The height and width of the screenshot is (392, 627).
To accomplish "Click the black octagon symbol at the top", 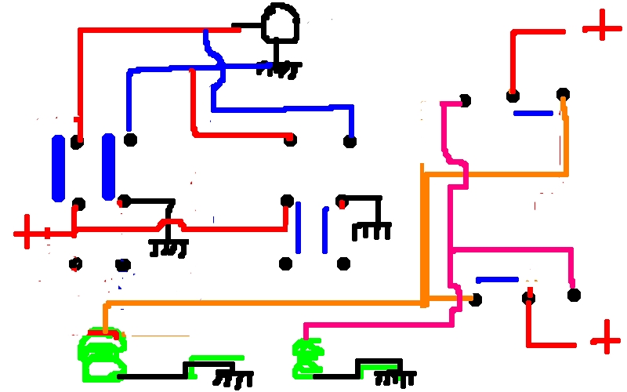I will pyautogui.click(x=280, y=24).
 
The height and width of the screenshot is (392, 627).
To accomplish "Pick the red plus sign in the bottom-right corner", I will pyautogui.click(x=604, y=339).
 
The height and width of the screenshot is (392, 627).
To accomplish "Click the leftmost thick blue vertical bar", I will pyautogui.click(x=58, y=167).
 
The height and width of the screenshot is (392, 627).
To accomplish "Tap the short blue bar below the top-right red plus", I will pyautogui.click(x=533, y=114).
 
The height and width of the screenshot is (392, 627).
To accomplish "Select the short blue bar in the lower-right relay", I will pyautogui.click(x=497, y=279).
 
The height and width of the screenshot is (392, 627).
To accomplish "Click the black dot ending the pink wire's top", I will pyautogui.click(x=465, y=100).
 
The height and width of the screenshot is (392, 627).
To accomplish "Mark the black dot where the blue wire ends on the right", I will pyautogui.click(x=350, y=141).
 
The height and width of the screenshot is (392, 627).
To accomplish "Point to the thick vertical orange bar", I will pyautogui.click(x=423, y=235).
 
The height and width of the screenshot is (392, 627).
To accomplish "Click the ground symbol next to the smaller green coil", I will pyautogui.click(x=392, y=376).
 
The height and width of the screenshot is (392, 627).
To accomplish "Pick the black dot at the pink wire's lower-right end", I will pyautogui.click(x=574, y=295).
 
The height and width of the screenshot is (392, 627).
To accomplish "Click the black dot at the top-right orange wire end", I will pyautogui.click(x=563, y=95).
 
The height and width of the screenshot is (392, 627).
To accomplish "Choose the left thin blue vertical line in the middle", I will pyautogui.click(x=299, y=227).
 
